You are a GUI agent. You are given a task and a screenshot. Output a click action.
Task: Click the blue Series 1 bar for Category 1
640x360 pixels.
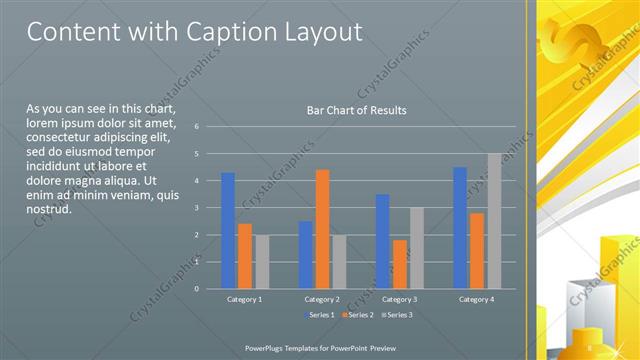228,231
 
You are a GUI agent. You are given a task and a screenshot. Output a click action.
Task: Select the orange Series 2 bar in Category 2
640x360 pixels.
322,229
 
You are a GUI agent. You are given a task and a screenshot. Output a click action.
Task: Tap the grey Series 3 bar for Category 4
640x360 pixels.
494,221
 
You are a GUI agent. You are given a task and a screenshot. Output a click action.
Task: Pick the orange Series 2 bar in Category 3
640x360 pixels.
400,264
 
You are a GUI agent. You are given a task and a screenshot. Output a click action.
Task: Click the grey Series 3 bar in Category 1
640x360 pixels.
262,262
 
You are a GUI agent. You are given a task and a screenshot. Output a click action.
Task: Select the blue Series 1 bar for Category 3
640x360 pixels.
382,241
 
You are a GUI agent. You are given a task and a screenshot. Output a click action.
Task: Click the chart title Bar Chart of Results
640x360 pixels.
356,111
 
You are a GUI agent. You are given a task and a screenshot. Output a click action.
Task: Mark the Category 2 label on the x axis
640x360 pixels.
322,299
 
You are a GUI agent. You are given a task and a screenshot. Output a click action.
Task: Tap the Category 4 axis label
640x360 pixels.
477,299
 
